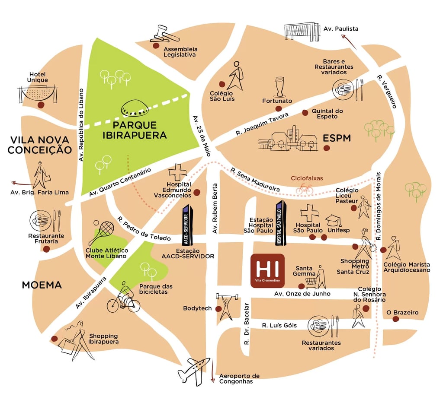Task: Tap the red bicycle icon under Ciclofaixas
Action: click(x=305, y=189)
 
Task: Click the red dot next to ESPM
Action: click(x=327, y=148)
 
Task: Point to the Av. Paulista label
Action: click(x=341, y=29)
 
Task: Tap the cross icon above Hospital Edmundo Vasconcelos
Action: click(x=177, y=172)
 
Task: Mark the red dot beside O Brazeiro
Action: click(x=395, y=319)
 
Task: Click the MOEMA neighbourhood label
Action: click(x=42, y=285)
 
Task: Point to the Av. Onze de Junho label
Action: click(x=302, y=294)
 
